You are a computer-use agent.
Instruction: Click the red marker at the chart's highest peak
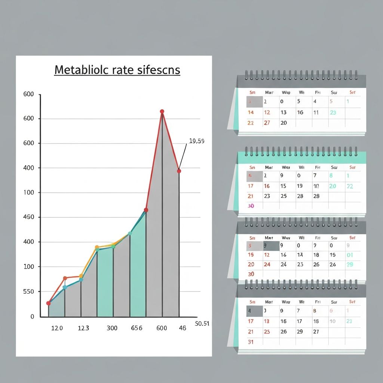pyautogui.click(x=162, y=111)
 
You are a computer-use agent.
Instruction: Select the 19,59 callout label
pyautogui.click(x=196, y=141)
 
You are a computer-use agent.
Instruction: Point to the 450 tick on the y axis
pyautogui.click(x=28, y=217)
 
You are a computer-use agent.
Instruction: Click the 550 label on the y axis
pyautogui.click(x=28, y=291)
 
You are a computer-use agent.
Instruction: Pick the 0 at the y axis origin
pyautogui.click(x=32, y=316)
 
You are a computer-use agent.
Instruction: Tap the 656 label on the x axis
pyautogui.click(x=137, y=328)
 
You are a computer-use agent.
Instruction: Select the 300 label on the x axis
pyautogui.click(x=112, y=328)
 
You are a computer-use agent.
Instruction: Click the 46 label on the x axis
pyautogui.click(x=183, y=328)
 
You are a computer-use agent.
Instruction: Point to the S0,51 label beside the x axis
pyautogui.click(x=202, y=324)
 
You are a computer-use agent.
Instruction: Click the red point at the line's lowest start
pyautogui.click(x=48, y=303)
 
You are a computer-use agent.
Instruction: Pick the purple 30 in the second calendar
pyautogui.click(x=251, y=206)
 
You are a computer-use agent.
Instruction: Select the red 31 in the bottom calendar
pyautogui.click(x=251, y=342)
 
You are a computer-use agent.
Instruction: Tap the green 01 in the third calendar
pyautogui.click(x=350, y=255)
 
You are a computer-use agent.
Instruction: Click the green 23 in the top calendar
pyautogui.click(x=333, y=112)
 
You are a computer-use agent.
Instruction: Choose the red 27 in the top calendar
pyautogui.click(x=267, y=123)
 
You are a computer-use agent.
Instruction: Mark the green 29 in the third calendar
pyautogui.click(x=350, y=264)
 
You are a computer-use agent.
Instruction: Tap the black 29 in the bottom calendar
pyautogui.click(x=300, y=331)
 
